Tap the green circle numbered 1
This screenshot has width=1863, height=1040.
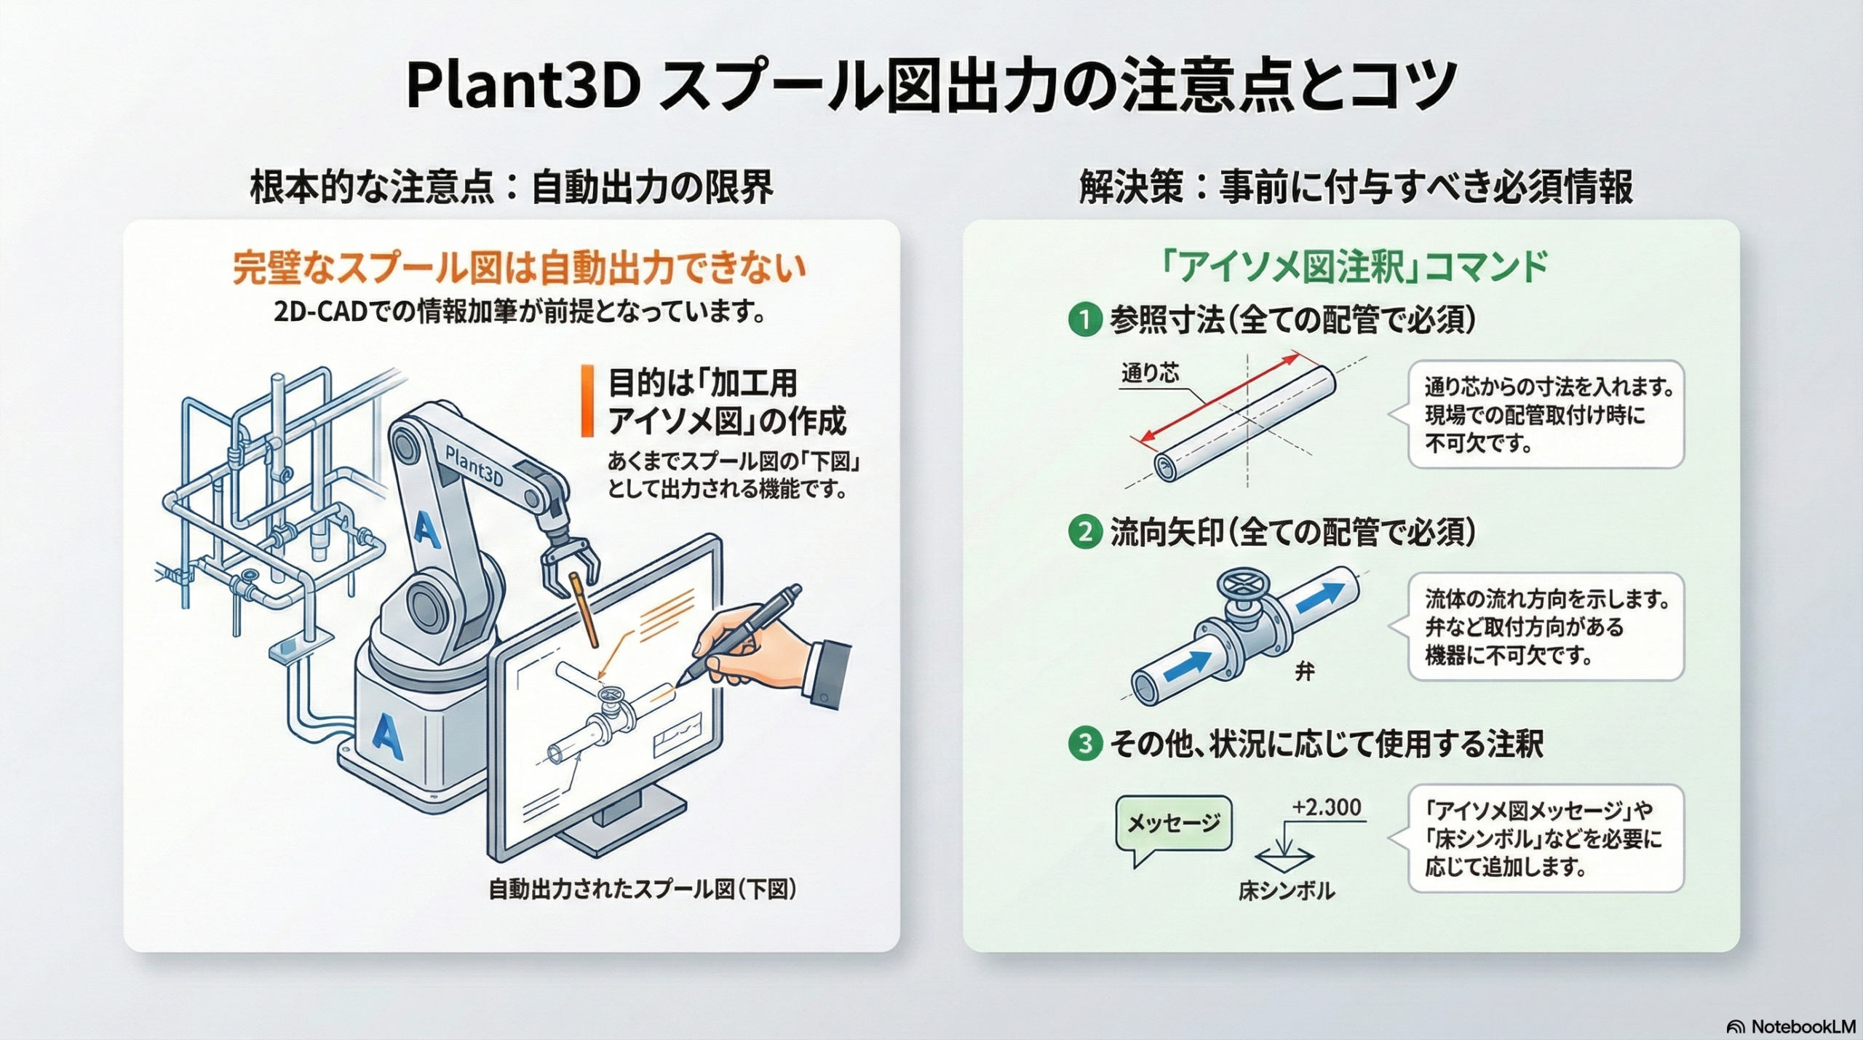coord(1085,319)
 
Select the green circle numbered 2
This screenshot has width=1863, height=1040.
coord(1085,533)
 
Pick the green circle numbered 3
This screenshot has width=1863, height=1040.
coord(1085,744)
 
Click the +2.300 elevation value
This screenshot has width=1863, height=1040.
coord(1327,807)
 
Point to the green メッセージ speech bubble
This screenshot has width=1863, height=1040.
coord(1173,825)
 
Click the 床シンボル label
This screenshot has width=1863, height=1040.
coord(1287,891)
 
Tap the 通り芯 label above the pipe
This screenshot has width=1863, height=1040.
coord(1150,373)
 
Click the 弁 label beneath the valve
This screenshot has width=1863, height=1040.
coord(1304,671)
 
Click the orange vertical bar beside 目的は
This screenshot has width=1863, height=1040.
coord(587,401)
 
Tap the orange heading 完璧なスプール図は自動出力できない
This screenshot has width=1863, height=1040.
coord(519,269)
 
